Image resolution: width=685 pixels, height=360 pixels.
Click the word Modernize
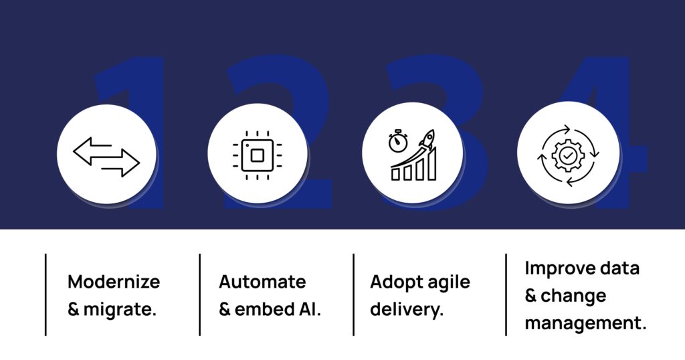tap(114, 281)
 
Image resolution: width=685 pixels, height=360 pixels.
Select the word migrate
tap(120, 309)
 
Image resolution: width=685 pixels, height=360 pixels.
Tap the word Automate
tap(262, 281)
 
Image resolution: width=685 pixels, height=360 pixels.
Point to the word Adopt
tap(396, 282)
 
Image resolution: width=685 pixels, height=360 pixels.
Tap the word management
tap(585, 323)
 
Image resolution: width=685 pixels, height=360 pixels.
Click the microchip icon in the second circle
tap(258, 155)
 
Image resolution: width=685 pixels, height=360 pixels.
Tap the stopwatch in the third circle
tap(398, 141)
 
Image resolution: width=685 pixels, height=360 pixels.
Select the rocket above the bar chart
tap(427, 139)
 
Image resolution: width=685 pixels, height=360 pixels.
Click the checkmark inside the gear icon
tap(568, 155)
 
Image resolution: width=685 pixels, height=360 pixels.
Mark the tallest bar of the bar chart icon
tap(432, 163)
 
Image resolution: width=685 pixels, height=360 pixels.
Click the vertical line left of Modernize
tap(46, 294)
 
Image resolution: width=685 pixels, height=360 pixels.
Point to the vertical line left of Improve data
tap(506, 294)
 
